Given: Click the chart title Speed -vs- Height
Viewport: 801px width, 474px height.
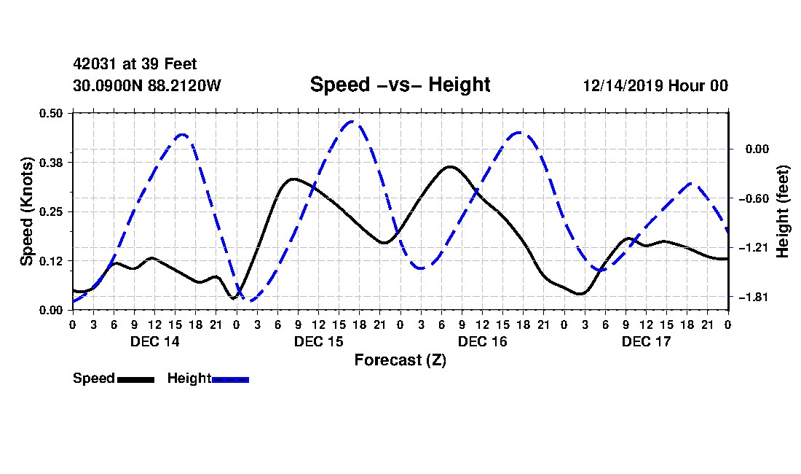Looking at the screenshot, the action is click(x=400, y=85).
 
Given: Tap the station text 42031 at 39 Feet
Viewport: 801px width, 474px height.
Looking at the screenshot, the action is click(x=135, y=64).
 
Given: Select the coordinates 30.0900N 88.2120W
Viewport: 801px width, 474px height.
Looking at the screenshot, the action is click(x=147, y=85).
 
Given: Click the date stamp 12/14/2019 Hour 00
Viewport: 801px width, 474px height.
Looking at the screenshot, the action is click(x=655, y=85).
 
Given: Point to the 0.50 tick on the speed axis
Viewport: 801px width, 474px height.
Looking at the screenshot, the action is click(x=51, y=113).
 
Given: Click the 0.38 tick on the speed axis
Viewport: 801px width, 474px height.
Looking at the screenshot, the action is click(x=51, y=163).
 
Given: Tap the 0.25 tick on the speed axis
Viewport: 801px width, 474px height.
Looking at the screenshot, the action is click(x=51, y=211).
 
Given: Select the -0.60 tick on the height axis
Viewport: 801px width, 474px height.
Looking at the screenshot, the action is click(x=754, y=198).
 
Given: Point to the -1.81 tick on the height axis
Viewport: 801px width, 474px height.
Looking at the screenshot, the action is click(x=754, y=297).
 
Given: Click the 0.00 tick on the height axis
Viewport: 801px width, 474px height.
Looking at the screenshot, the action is click(x=757, y=149).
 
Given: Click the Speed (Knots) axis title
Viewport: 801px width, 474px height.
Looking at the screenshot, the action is click(x=26, y=211).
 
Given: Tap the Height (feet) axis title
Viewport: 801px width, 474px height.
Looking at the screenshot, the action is click(x=783, y=211).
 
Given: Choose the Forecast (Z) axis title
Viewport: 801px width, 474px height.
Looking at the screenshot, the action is click(x=400, y=360).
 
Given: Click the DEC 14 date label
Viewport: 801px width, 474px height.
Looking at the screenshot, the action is click(x=155, y=341).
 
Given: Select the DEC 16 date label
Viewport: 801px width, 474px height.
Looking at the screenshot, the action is click(x=482, y=341).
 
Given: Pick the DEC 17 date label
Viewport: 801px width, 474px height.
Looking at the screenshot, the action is click(x=646, y=341).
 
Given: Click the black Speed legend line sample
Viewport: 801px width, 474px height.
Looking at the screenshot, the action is click(x=136, y=379).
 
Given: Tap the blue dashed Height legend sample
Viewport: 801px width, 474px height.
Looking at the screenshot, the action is click(x=230, y=379).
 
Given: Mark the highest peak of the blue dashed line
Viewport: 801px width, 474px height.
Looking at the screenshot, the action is click(x=352, y=122).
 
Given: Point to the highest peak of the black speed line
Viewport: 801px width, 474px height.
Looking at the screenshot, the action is click(x=450, y=167).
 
